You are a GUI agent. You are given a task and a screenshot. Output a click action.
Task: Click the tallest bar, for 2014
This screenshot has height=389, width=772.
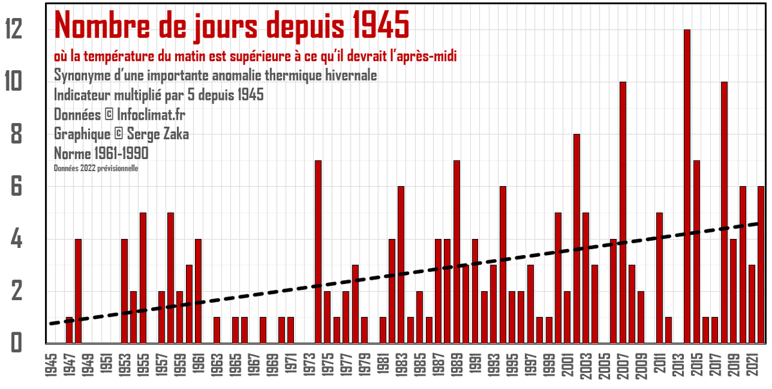[687, 187]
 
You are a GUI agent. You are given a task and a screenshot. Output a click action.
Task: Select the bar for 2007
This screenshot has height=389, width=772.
[623, 213]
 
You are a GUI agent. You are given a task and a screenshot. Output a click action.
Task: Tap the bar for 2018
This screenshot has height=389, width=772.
[724, 213]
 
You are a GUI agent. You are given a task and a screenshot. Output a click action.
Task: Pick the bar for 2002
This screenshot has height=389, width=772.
[576, 238]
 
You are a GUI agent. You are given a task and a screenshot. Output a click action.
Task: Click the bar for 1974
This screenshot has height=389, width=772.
[318, 251]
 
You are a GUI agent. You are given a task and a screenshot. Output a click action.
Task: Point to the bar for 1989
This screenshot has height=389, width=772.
[457, 251]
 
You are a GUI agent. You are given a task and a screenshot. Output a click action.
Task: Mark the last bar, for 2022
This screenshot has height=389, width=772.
[761, 264]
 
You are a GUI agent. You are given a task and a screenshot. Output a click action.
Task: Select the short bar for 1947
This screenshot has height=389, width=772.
[69, 330]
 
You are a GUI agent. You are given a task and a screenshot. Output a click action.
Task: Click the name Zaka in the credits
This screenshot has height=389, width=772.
[170, 134]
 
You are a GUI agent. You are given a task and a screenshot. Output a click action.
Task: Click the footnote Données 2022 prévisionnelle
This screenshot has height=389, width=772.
[96, 168]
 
